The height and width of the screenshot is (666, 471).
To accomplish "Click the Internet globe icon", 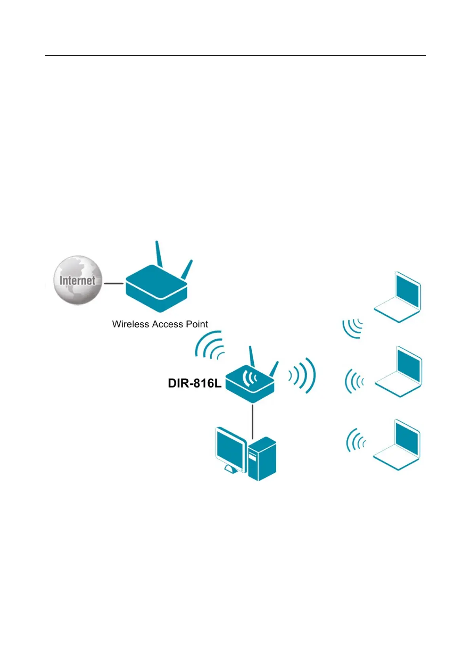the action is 78,280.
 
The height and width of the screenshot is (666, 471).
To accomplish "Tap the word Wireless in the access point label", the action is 130,324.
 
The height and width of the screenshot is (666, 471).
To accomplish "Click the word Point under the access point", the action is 197,324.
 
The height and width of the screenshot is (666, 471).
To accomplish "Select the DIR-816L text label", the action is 194,383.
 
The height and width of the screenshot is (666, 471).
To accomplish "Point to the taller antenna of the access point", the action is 159,254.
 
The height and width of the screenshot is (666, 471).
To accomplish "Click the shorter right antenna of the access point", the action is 187,269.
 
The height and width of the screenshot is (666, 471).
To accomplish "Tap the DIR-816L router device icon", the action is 250,383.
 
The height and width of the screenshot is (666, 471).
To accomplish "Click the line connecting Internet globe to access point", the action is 113,283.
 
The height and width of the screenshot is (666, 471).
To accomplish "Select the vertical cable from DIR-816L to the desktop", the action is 252,421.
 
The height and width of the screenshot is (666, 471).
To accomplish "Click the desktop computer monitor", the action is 231,449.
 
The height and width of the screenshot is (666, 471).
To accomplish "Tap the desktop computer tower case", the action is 262,459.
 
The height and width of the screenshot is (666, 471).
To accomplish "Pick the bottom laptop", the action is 397,445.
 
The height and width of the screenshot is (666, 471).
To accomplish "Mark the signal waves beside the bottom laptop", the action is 355,440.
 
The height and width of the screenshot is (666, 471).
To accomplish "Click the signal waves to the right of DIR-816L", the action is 303,376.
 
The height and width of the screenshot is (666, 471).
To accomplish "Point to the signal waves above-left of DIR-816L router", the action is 210,345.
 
